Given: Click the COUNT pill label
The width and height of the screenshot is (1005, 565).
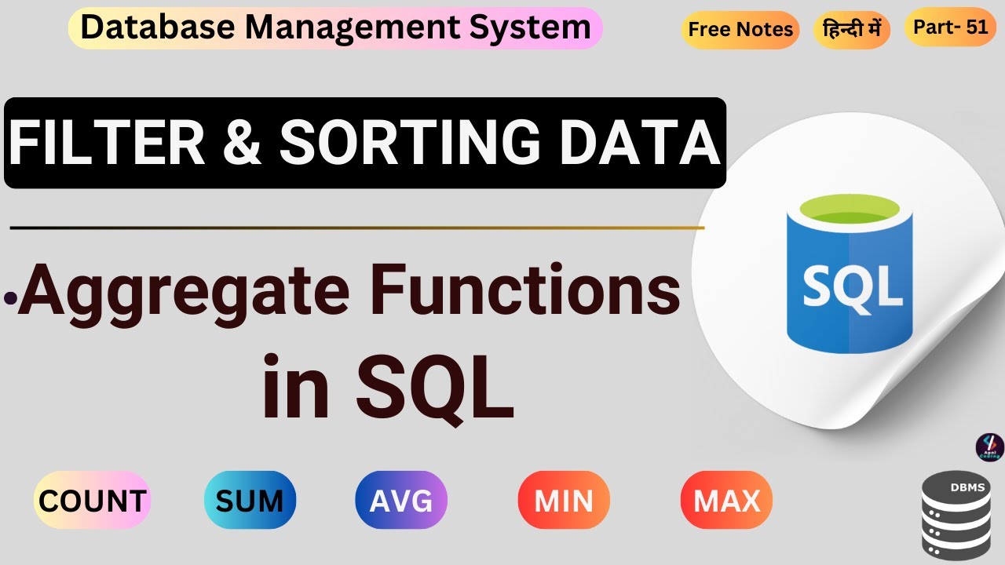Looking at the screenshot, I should (92, 501).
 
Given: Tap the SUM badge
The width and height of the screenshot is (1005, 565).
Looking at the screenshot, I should (250, 501).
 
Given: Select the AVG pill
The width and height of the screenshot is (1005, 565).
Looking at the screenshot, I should (401, 501).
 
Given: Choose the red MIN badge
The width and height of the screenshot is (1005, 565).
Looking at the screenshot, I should (564, 501).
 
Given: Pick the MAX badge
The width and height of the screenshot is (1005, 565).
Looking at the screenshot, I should (726, 501).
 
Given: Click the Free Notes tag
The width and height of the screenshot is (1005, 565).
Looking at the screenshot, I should (740, 30).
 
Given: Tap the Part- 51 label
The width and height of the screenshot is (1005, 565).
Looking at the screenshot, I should (950, 27).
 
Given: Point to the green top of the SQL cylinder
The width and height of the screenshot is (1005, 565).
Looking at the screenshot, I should (850, 210).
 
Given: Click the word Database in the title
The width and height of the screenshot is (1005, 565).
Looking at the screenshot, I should (159, 28).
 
